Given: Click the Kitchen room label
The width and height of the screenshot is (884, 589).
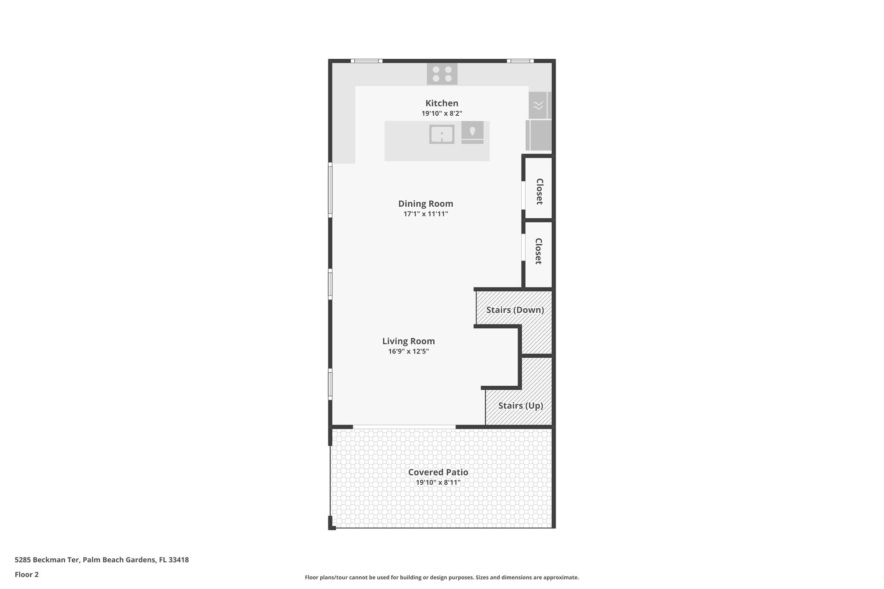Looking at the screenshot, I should tap(442, 103).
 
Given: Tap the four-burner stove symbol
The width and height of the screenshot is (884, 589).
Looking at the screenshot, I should tap(442, 74).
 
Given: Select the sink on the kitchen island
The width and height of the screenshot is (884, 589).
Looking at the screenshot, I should tap(442, 134).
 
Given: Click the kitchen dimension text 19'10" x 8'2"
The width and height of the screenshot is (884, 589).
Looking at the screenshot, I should tap(442, 113).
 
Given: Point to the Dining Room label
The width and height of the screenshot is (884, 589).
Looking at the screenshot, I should tap(425, 204).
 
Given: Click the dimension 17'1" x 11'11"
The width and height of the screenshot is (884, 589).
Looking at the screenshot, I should tap(425, 214).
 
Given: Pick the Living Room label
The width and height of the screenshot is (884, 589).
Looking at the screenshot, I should tap(408, 341).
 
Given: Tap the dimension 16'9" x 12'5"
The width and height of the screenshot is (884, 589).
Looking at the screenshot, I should tap(408, 352).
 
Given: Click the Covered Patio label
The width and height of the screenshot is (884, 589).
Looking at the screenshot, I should tap(438, 472).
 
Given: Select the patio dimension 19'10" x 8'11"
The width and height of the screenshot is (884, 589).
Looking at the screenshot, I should tap(438, 483).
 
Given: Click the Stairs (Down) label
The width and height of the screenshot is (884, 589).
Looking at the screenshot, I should tap(515, 310).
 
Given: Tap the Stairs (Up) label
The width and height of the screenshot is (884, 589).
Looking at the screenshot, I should tap(520, 406).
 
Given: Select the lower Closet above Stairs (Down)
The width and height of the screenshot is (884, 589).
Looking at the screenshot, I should tap(538, 251).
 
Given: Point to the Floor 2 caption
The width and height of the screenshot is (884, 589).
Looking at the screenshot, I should tap(27, 574).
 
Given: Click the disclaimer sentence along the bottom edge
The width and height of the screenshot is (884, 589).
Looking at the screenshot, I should tap(442, 577).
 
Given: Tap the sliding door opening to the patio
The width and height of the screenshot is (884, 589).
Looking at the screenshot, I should tap(404, 427).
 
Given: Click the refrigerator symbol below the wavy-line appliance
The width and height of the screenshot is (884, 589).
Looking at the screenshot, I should tap(539, 135).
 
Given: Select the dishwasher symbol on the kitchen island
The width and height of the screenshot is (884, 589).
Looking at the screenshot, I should tap(472, 132).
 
